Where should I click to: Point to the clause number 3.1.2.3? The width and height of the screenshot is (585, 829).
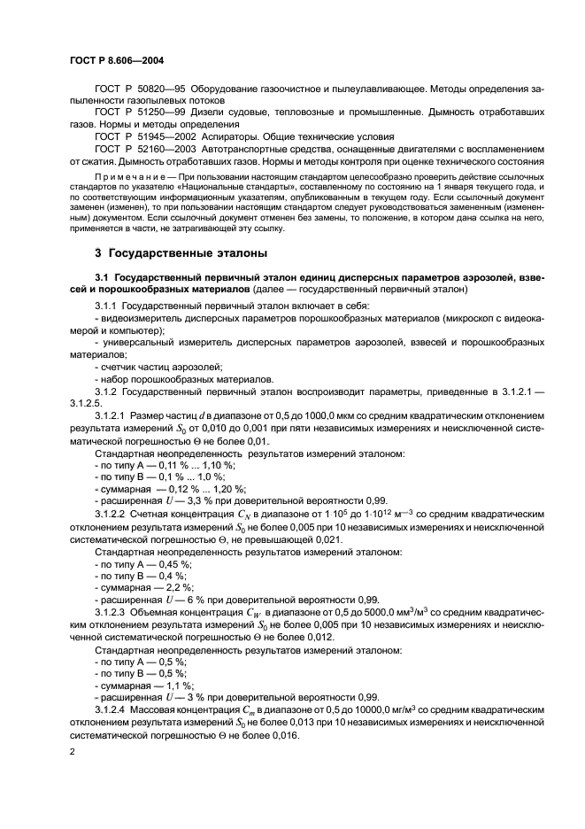click(x=112, y=611)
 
